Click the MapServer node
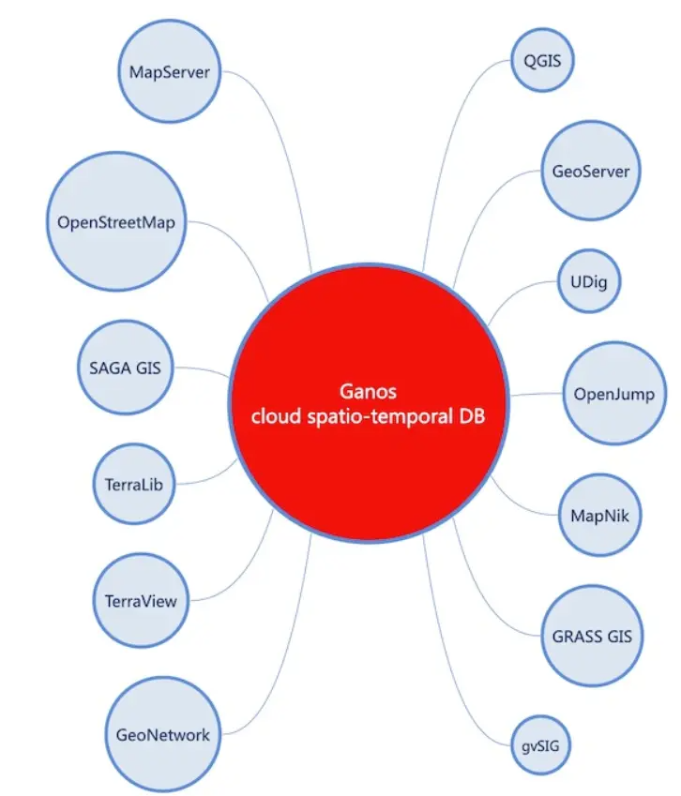coord(170,71)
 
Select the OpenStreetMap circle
coord(116,222)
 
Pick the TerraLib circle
coord(135,485)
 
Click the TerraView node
coord(141,600)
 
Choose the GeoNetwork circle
coord(163,734)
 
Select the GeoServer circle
coord(591,172)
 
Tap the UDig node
coord(589,280)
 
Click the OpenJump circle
coord(613,393)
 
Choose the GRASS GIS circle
coord(591,636)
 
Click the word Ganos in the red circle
coord(366,391)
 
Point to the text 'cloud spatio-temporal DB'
coord(366,417)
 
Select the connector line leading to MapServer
coord(281,141)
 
